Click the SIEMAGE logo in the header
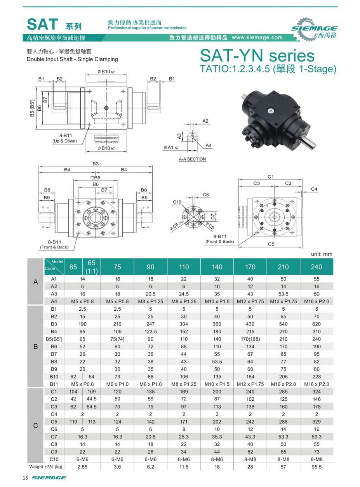point(314,29)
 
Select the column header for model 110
point(184,267)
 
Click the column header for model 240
point(317,267)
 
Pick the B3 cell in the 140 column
point(217,324)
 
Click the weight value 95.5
point(317,466)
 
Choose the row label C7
point(54,437)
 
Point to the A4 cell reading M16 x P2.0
point(317,301)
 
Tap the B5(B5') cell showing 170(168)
point(250,339)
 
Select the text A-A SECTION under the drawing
point(192,159)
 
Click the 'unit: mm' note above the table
point(322,254)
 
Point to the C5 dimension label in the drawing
point(271,244)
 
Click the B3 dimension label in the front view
point(96,164)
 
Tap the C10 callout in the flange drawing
point(177,202)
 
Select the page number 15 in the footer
point(25,478)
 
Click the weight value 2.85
point(82,466)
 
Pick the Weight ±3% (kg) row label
point(46,466)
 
